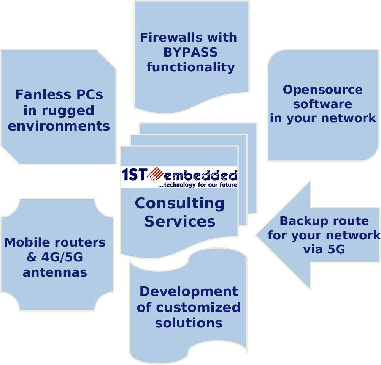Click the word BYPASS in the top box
(x=190, y=52)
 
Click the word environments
(x=59, y=126)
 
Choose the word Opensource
(x=322, y=90)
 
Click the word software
(x=322, y=104)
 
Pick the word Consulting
(x=179, y=203)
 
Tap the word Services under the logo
(x=179, y=221)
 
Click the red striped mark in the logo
(x=156, y=174)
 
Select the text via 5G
(x=324, y=249)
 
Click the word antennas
(x=55, y=272)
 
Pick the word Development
(x=189, y=292)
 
